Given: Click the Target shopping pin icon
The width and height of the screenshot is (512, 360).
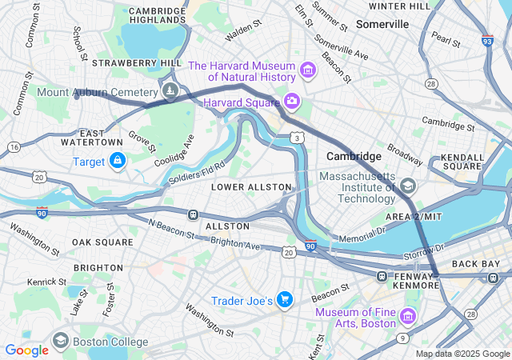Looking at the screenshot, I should click(x=118, y=162).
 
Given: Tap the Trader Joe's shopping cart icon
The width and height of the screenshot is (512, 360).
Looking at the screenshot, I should click(x=286, y=300).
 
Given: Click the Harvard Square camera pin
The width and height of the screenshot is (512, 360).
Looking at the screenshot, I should click(x=292, y=102).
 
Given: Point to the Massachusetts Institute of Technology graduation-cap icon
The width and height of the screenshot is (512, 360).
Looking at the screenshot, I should click(x=409, y=186).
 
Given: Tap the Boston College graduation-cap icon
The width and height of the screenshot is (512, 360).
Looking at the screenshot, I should click(x=61, y=342).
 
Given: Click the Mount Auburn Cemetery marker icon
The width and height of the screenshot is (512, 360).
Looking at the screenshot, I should click(x=170, y=92).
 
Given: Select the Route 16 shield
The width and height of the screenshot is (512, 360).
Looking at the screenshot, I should click(x=14, y=147).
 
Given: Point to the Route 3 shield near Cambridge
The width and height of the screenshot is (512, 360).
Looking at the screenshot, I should click(x=297, y=138).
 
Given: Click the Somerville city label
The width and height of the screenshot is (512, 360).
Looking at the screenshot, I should click(x=382, y=24).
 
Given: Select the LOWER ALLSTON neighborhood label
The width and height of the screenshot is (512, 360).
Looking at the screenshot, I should click(x=251, y=186).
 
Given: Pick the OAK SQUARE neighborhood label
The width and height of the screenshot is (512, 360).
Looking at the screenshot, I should click(x=102, y=242).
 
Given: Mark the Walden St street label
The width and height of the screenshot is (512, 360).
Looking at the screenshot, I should click(x=244, y=30).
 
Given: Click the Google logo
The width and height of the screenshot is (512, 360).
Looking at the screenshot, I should click(x=27, y=350).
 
